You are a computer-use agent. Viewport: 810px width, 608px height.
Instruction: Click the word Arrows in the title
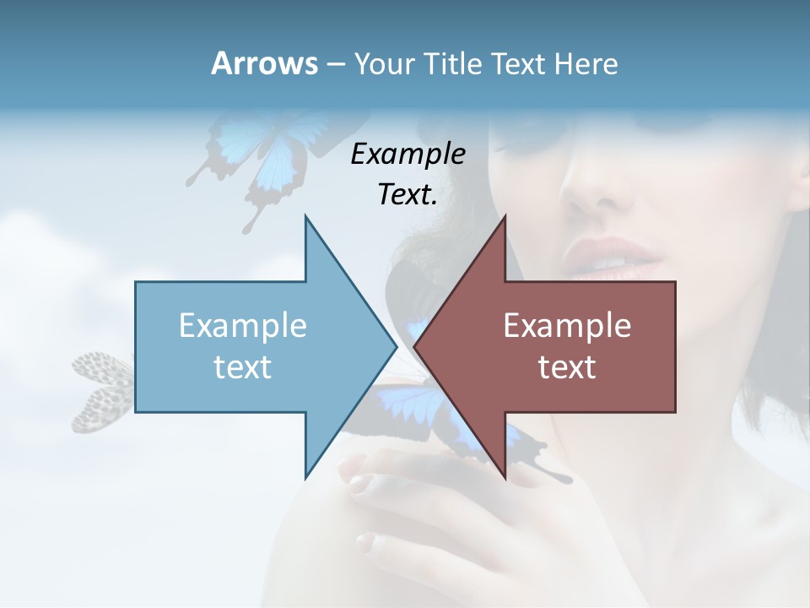pyautogui.click(x=263, y=63)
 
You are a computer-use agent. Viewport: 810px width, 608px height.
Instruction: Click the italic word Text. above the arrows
pyautogui.click(x=408, y=194)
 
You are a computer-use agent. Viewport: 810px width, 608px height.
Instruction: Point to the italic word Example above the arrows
pyautogui.click(x=408, y=154)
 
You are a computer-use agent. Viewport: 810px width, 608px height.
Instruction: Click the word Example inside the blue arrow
pyautogui.click(x=243, y=325)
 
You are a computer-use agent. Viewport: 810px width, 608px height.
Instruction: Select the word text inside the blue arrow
pyautogui.click(x=243, y=366)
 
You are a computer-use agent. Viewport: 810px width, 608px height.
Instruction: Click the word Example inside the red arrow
pyautogui.click(x=567, y=325)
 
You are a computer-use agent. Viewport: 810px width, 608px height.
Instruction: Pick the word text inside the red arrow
pyautogui.click(x=567, y=366)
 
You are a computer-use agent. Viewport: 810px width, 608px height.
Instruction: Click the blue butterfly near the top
pyautogui.click(x=253, y=156)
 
